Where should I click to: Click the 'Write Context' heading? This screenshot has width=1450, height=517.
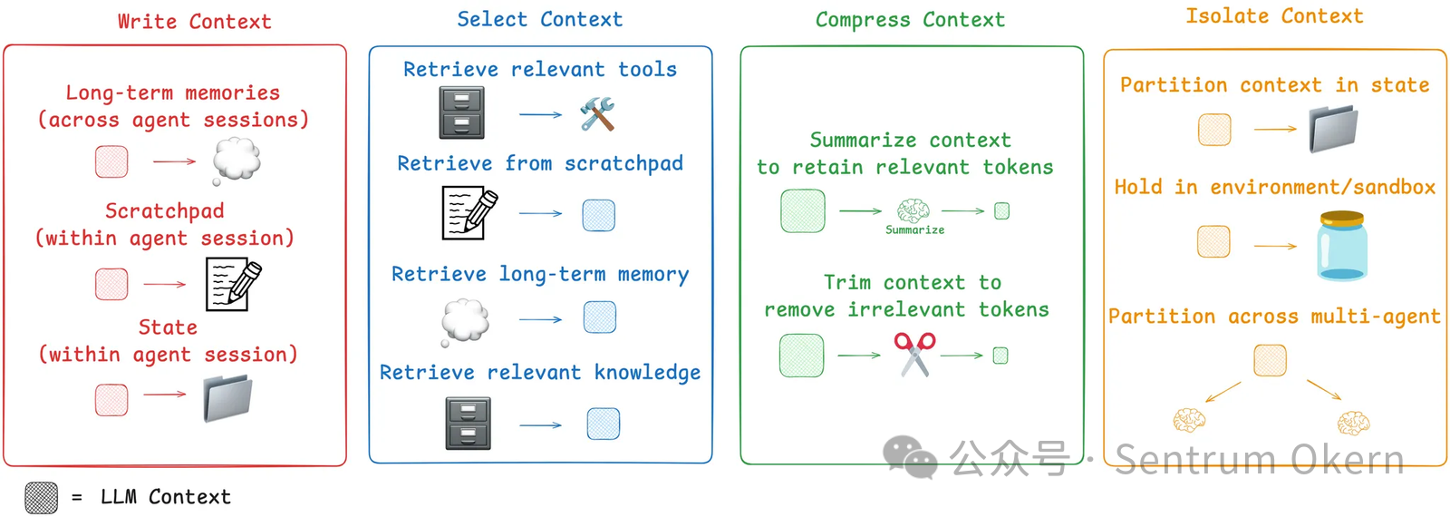tap(194, 22)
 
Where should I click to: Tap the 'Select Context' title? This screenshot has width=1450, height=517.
tap(539, 20)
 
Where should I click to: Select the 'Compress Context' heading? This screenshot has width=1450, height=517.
tap(910, 20)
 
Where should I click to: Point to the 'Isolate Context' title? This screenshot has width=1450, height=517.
tap(1274, 16)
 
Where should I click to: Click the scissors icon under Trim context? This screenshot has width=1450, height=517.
tap(914, 354)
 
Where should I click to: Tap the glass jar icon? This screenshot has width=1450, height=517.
tap(1342, 245)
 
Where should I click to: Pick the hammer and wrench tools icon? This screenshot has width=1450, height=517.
tap(597, 114)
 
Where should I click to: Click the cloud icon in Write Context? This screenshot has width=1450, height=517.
tap(237, 161)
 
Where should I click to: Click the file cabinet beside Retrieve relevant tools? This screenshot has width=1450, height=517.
tap(461, 112)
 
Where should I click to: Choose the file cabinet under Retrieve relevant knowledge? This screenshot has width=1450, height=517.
tap(468, 424)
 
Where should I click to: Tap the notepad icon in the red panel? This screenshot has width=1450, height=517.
tap(233, 284)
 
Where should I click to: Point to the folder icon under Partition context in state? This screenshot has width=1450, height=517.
tap(1333, 129)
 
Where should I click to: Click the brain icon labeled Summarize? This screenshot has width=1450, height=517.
tap(913, 211)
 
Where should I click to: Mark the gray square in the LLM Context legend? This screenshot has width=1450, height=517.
tap(41, 497)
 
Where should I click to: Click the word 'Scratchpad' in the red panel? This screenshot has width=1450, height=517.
tap(164, 211)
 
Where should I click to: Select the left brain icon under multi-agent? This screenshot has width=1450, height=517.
tap(1189, 420)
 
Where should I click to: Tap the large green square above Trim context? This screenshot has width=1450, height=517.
tap(802, 210)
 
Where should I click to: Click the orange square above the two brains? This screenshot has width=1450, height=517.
tap(1270, 360)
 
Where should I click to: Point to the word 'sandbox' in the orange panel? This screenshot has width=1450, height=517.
tap(1395, 188)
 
